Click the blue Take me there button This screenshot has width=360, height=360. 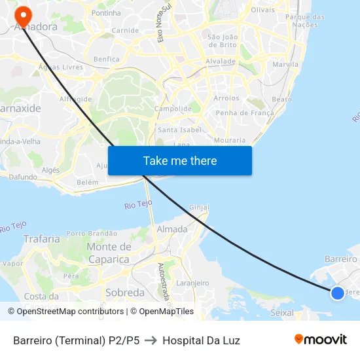click(x=179, y=160)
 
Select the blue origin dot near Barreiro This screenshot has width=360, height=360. click(x=337, y=293)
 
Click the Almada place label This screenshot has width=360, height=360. click(x=171, y=229)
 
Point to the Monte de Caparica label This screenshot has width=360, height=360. click(x=109, y=253)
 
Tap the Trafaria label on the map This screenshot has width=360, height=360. click(x=41, y=239)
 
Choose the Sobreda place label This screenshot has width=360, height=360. click(x=124, y=293)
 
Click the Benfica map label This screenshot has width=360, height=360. click(x=107, y=59)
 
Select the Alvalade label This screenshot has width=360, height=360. click(x=221, y=61)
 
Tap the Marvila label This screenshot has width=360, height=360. click(x=285, y=64)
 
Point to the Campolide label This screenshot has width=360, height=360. click(x=173, y=109)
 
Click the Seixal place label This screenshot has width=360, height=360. click(x=282, y=313)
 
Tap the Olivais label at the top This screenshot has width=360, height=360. click(x=263, y=10)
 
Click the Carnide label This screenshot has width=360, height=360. click(x=125, y=30)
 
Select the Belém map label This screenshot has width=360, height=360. click(x=87, y=182)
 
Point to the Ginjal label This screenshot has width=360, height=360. click(x=199, y=207)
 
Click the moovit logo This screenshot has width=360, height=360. click(x=320, y=340)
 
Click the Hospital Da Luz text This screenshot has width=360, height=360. click(x=201, y=340)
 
